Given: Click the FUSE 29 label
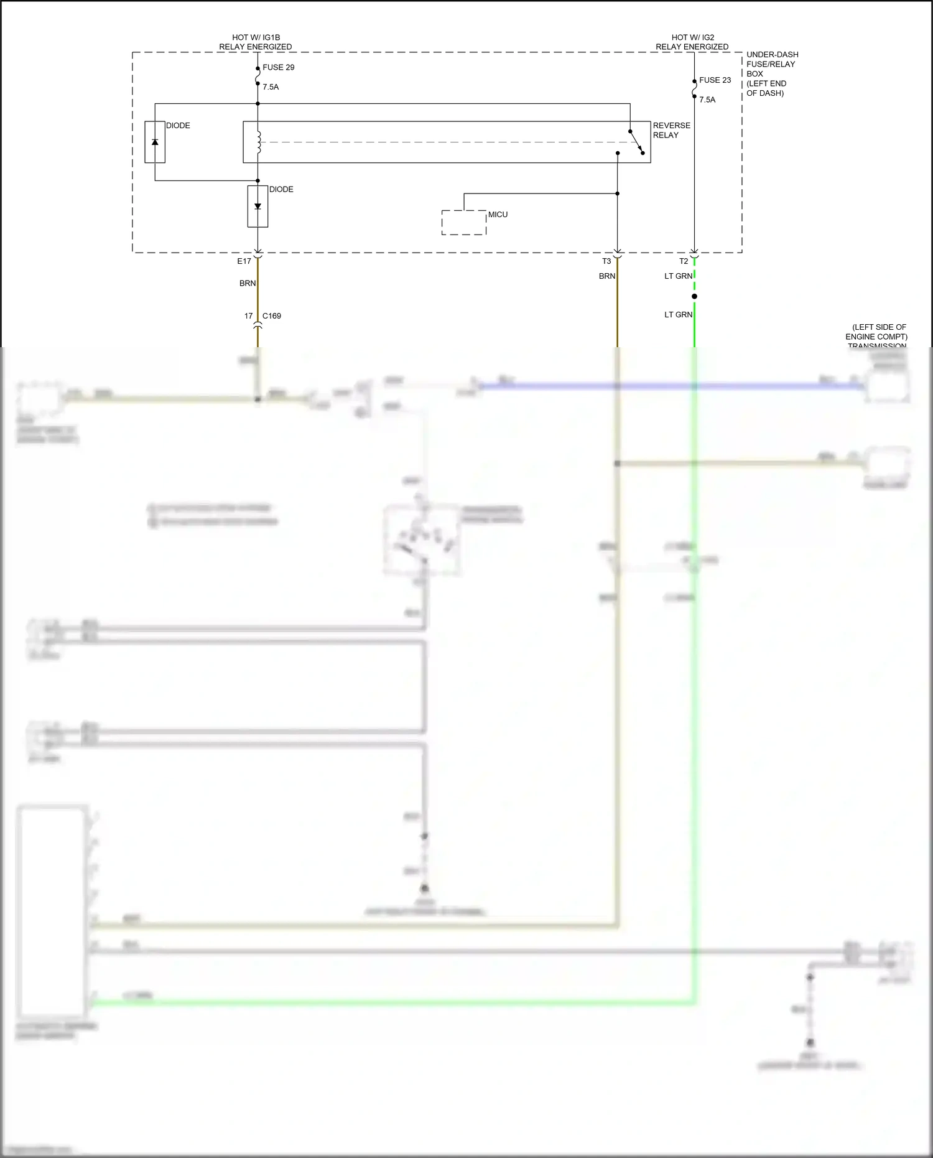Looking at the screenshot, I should coord(278,67).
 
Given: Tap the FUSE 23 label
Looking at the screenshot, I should coord(715,80).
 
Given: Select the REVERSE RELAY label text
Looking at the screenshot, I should coord(671,130).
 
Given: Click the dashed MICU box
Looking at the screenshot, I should coord(463,223).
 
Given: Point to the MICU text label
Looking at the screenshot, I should coord(498,215).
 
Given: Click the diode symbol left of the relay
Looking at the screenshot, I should coord(155,142).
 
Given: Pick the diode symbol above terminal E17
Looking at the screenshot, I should coord(258,207).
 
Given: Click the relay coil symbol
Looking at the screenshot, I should coord(259,142).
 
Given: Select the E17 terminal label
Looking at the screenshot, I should coord(244,261).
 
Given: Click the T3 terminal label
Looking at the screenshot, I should coord(606,261).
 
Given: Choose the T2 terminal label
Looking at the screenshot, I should coord(684,261).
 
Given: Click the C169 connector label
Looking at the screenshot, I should coord(272,316).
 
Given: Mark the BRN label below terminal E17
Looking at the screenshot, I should coord(248,283).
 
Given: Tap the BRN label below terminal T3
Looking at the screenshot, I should coord(607,276).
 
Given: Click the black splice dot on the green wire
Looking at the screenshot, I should coord(694,296).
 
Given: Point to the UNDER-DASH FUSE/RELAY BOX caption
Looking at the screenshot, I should coord(772,73).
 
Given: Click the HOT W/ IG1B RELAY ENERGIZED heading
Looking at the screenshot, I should coord(255,42).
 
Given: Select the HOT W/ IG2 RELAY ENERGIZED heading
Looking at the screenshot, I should coord(692,42).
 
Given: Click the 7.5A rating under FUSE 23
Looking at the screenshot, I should coord(707,100).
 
